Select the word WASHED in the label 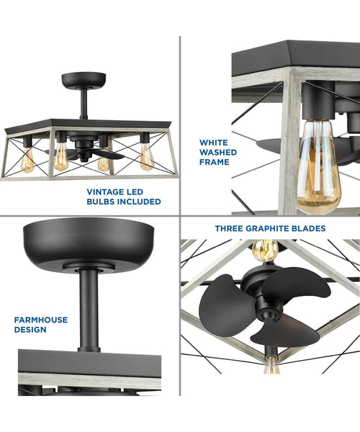click(218, 153)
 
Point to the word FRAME click(215, 162)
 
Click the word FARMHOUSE click(41, 320)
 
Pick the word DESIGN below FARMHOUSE click(30, 330)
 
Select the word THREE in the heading click(229, 228)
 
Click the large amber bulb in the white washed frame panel click(318, 167)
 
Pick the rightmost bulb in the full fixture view click(147, 157)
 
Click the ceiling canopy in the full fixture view click(84, 80)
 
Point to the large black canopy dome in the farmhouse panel click(89, 243)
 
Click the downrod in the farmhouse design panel click(89, 310)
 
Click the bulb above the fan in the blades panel click(265, 250)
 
